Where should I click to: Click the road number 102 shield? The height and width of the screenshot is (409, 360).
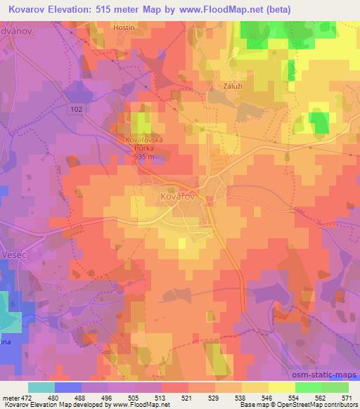coord(77,108)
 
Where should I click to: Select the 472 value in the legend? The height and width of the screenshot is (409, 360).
coord(33,397)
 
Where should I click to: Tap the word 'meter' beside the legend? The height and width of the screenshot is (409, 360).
coord(12,397)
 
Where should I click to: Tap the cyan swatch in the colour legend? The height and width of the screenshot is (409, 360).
coord(41,387)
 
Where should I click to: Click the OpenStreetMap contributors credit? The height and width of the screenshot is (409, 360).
coord(316,405)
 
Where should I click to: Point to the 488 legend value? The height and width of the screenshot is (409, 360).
coord(86,397)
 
